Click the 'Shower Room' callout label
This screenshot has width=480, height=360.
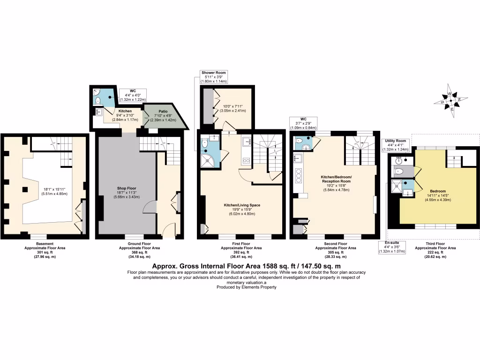click(x=214, y=73)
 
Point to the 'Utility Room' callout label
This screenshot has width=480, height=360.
click(x=396, y=141)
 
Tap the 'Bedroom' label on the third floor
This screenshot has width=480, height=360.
click(x=438, y=191)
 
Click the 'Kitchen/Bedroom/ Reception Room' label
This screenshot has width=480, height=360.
click(x=336, y=179)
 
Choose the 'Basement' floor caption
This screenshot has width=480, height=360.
click(x=45, y=243)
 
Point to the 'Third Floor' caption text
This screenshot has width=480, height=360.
click(x=436, y=243)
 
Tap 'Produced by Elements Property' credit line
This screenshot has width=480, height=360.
click(x=240, y=287)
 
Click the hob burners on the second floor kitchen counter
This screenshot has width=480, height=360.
click(x=298, y=177)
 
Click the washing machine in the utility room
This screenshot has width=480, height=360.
click(x=399, y=160)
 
